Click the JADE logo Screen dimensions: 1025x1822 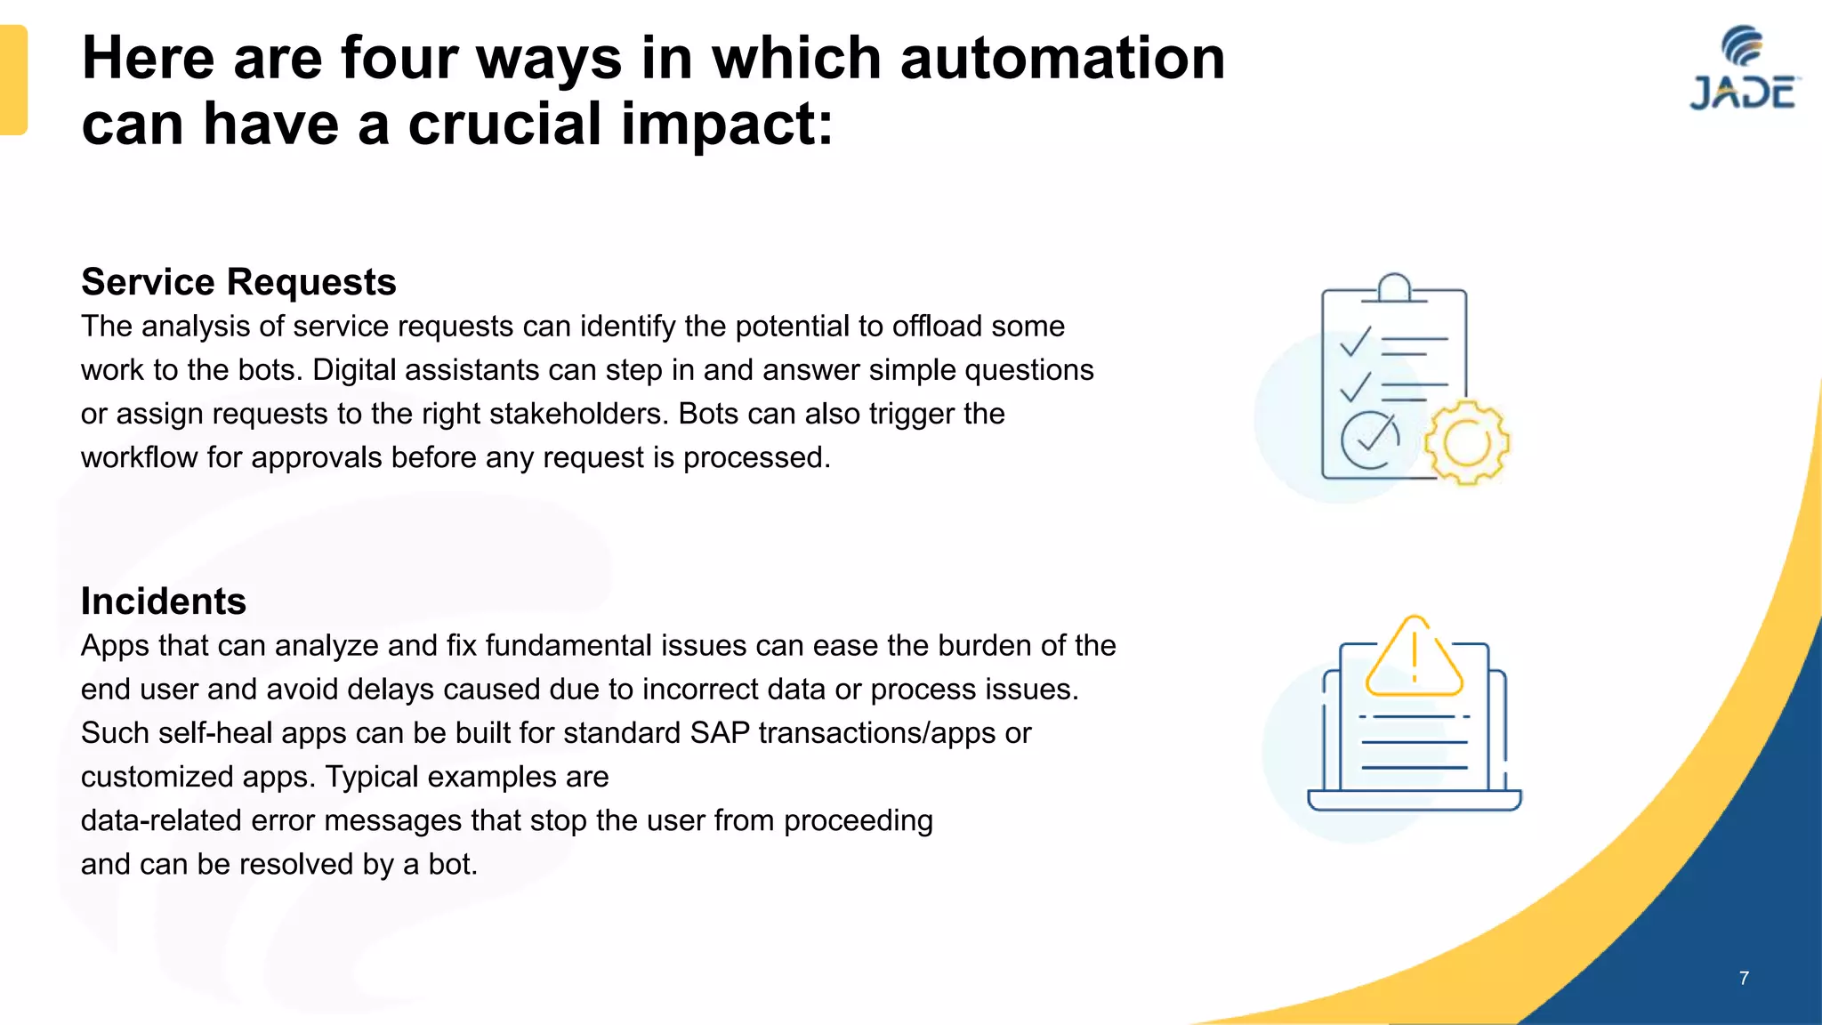[1744, 69]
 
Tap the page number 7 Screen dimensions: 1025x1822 [1744, 978]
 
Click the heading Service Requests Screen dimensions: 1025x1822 [238, 282]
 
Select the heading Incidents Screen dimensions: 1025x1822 [164, 601]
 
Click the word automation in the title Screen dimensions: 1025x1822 [1062, 59]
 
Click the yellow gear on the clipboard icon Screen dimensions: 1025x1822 [1466, 443]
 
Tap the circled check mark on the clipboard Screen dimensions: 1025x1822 [1370, 440]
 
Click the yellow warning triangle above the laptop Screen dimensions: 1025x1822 [1414, 659]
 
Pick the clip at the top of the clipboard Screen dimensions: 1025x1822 [1394, 288]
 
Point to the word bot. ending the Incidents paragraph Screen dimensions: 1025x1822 [453, 865]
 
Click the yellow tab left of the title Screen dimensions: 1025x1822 [13, 80]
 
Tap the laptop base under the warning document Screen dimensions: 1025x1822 [1414, 800]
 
